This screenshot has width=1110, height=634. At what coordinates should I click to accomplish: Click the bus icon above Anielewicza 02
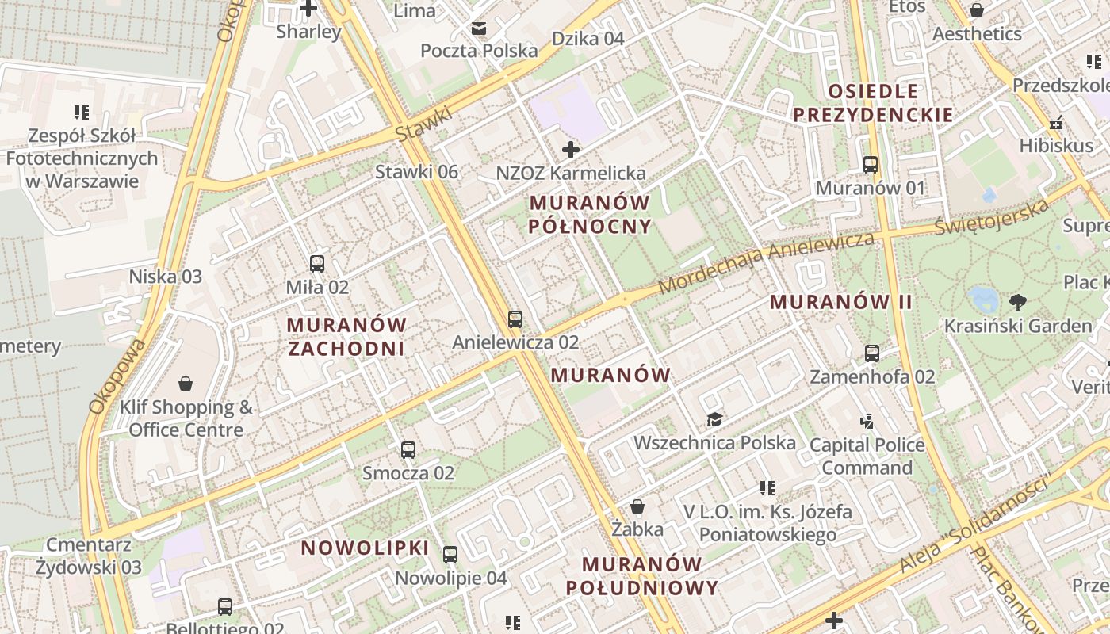[515, 319]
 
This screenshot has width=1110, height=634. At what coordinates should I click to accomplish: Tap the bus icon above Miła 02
[317, 264]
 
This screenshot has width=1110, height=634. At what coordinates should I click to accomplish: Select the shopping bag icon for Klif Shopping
[186, 384]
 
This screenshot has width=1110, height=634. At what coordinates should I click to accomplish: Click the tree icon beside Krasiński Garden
[1017, 302]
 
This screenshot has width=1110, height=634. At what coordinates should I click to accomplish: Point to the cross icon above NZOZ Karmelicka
[570, 149]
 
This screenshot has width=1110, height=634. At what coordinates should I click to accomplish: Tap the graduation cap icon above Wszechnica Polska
[714, 419]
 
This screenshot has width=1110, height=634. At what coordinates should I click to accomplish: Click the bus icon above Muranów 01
[871, 165]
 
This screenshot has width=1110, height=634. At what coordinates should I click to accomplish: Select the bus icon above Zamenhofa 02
[872, 353]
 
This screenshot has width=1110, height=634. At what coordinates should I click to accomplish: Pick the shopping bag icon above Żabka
[637, 506]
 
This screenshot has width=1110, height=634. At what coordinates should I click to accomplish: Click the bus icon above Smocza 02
[408, 450]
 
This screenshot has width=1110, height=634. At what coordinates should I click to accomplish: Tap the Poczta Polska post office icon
[479, 29]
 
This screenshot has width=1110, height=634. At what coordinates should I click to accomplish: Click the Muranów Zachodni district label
[346, 337]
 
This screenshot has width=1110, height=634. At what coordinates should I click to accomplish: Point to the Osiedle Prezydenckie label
[873, 103]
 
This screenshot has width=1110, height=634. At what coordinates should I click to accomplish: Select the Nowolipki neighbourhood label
[365, 548]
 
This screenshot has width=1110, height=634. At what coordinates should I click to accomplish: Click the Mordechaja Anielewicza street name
[766, 262]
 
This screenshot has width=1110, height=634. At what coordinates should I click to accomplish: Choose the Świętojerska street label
[992, 216]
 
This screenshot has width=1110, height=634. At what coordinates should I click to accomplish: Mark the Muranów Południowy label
[641, 576]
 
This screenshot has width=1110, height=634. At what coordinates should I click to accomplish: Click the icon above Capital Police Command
[867, 421]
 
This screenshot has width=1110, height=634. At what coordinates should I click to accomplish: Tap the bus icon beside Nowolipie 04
[450, 555]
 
